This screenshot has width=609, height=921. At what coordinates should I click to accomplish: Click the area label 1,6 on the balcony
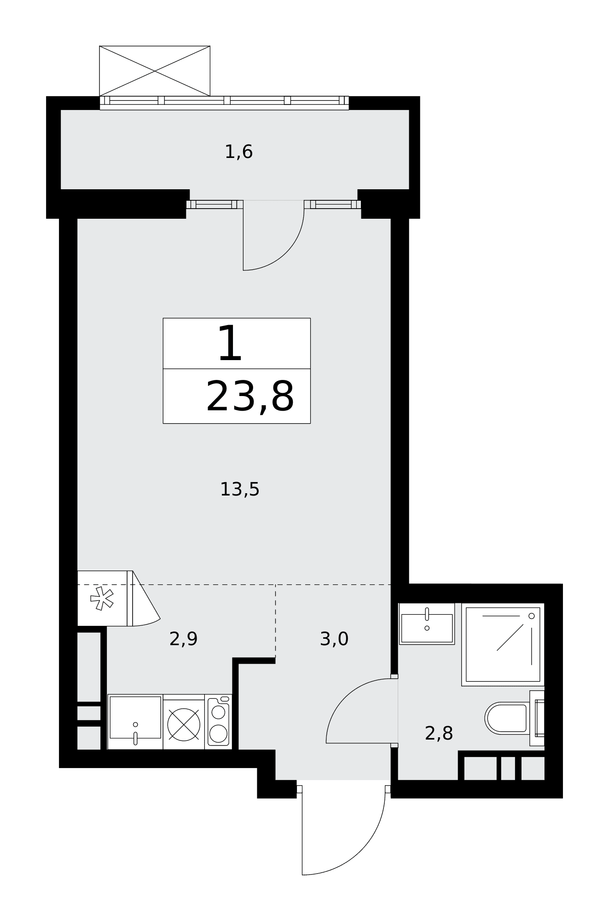(x=238, y=152)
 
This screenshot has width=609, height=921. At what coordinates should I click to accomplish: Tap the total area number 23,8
(x=250, y=396)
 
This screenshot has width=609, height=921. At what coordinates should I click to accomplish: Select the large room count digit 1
(x=230, y=343)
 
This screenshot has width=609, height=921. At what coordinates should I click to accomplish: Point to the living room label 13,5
(x=239, y=489)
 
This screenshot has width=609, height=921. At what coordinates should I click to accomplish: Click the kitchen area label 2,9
(x=183, y=639)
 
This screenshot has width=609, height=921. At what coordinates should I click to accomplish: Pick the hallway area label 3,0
(x=334, y=639)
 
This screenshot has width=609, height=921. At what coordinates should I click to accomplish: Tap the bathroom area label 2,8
(x=439, y=733)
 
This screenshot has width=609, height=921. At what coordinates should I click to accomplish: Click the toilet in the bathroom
(x=515, y=718)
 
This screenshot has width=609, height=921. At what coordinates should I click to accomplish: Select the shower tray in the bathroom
(x=503, y=644)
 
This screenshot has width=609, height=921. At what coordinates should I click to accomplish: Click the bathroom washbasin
(x=427, y=624)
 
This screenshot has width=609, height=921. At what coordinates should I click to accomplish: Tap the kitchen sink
(x=135, y=722)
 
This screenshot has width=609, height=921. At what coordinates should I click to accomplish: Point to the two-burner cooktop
(x=218, y=722)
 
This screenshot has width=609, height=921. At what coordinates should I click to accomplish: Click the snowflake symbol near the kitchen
(x=102, y=599)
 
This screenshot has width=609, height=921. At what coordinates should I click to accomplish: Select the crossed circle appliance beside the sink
(x=184, y=724)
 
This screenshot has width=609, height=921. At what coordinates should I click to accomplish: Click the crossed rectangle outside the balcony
(x=155, y=71)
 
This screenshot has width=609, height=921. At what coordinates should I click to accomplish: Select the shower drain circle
(x=531, y=616)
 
